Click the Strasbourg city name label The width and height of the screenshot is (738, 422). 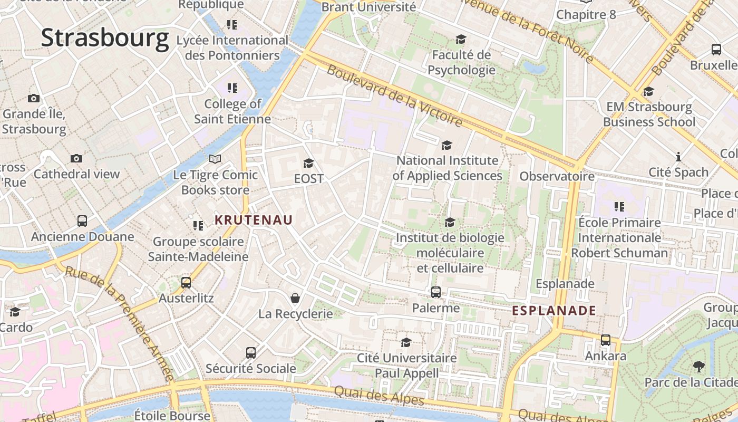105,39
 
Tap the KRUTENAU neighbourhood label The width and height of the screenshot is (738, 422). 254,220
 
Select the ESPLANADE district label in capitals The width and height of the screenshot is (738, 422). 554,311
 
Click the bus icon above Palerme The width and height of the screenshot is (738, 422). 436,292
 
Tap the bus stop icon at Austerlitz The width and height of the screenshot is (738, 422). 186,282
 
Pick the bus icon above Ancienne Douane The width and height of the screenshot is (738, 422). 82,221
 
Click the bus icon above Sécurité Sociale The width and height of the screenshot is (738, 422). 251,352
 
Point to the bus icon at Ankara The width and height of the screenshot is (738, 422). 606,340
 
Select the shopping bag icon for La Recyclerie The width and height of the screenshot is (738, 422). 296,299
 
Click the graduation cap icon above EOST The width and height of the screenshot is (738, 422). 308,163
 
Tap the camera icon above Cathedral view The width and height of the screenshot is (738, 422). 76,158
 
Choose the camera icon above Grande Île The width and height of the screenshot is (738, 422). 34,98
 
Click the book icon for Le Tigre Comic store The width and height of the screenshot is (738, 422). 215,159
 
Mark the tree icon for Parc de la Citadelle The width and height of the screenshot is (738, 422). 699,366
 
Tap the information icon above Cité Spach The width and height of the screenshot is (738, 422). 678,157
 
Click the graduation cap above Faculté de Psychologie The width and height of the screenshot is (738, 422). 461,40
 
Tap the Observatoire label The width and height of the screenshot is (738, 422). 557,176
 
